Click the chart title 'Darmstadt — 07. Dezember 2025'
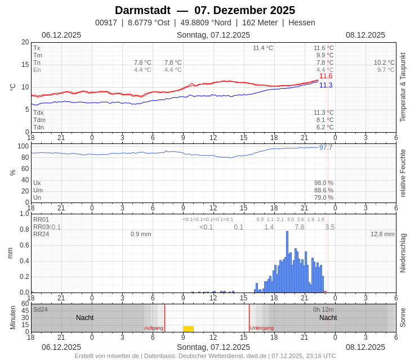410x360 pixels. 205,10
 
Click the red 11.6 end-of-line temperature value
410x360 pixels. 326,76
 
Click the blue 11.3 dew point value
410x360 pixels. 326,85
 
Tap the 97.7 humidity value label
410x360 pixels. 326,147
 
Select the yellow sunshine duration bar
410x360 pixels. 188,329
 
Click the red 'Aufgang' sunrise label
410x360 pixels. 153,328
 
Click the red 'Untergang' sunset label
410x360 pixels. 262,328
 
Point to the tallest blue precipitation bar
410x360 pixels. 287,262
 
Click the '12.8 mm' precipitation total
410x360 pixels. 382,234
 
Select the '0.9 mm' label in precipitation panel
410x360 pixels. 141,234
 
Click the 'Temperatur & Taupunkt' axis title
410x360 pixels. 403,87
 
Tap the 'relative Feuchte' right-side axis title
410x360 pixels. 403,173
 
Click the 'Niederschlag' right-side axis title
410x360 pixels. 403,253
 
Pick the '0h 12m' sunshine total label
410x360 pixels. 323,309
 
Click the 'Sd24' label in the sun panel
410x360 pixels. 41,309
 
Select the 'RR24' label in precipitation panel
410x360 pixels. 41,234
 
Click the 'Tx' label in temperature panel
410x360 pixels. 37,48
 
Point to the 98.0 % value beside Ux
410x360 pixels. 323,183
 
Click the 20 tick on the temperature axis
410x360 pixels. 25,42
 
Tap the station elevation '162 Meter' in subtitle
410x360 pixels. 260,22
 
